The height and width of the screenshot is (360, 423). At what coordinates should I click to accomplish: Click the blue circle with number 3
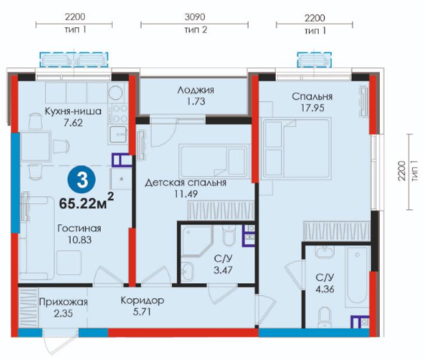82,180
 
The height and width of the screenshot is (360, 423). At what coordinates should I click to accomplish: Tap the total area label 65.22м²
86,202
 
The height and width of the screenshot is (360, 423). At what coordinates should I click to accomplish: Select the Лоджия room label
196,90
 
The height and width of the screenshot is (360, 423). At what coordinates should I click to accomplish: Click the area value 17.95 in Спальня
312,108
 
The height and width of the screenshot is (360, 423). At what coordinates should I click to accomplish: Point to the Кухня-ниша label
73,111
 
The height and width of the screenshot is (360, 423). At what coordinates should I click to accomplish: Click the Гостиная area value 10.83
80,240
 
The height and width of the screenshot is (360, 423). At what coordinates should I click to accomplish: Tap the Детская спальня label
185,183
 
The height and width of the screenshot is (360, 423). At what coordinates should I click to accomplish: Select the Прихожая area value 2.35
63,313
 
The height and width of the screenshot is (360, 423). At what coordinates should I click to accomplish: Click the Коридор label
143,300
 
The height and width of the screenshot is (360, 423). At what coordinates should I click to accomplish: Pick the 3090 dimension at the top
195,17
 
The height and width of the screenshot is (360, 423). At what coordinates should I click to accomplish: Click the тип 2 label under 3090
196,29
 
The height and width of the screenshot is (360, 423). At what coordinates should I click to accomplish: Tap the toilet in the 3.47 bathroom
228,235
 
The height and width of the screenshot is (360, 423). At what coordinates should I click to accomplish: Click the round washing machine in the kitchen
116,92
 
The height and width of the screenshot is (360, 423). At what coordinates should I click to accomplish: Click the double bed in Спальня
296,149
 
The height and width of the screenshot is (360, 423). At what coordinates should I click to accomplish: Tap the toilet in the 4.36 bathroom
324,317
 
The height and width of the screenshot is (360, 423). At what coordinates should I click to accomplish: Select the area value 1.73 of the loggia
196,102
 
